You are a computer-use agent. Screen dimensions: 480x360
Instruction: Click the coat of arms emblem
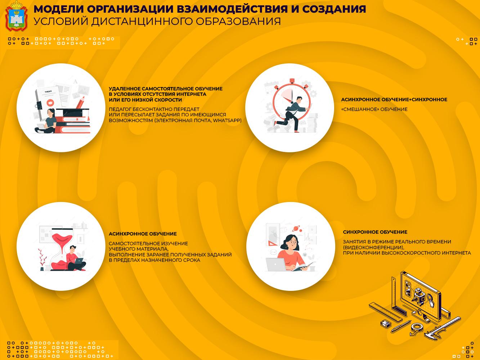click(17, 16)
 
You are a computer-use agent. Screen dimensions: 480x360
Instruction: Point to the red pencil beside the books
click(80, 102)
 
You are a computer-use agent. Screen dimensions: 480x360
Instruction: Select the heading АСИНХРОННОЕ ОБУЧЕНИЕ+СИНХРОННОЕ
click(394, 100)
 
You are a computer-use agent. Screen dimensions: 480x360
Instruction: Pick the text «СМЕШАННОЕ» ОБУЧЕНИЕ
click(374, 109)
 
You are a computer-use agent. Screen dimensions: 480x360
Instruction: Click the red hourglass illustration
click(62, 249)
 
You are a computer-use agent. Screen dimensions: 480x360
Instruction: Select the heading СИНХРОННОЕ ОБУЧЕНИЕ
click(375, 232)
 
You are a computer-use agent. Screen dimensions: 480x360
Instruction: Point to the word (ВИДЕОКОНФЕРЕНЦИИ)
click(373, 247)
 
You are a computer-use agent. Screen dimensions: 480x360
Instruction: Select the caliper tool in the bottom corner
click(442, 328)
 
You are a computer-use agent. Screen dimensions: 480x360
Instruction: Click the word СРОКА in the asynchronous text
click(192, 260)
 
